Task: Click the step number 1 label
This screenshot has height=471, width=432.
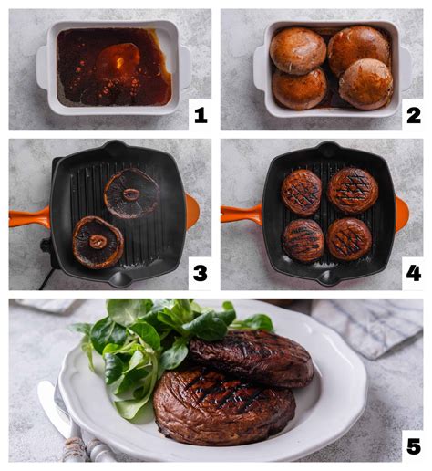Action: pyautogui.click(x=201, y=115)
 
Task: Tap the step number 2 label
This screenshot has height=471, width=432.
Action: pyautogui.click(x=413, y=115)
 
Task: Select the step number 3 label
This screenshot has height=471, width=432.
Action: pyautogui.click(x=201, y=272)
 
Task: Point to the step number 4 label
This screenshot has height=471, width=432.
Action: pyautogui.click(x=413, y=272)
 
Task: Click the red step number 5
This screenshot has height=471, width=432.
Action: pyautogui.click(x=413, y=446)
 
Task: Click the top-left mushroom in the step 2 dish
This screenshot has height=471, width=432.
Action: pyautogui.click(x=297, y=50)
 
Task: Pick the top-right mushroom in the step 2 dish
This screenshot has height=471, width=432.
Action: pyautogui.click(x=358, y=49)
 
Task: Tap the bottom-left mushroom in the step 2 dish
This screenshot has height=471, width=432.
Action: pyautogui.click(x=300, y=89)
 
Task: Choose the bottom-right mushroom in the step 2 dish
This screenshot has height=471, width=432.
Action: pyautogui.click(x=365, y=84)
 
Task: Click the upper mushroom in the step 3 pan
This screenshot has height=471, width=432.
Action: pyautogui.click(x=131, y=193)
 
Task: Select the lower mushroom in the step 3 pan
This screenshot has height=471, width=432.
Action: pyautogui.click(x=98, y=242)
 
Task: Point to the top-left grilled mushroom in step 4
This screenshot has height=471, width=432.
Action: pyautogui.click(x=301, y=192)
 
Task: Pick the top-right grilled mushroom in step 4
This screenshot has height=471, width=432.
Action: pyautogui.click(x=353, y=190)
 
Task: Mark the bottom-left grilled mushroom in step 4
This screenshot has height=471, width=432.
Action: pyautogui.click(x=303, y=240)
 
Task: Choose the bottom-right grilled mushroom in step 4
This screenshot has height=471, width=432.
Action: pyautogui.click(x=349, y=239)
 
